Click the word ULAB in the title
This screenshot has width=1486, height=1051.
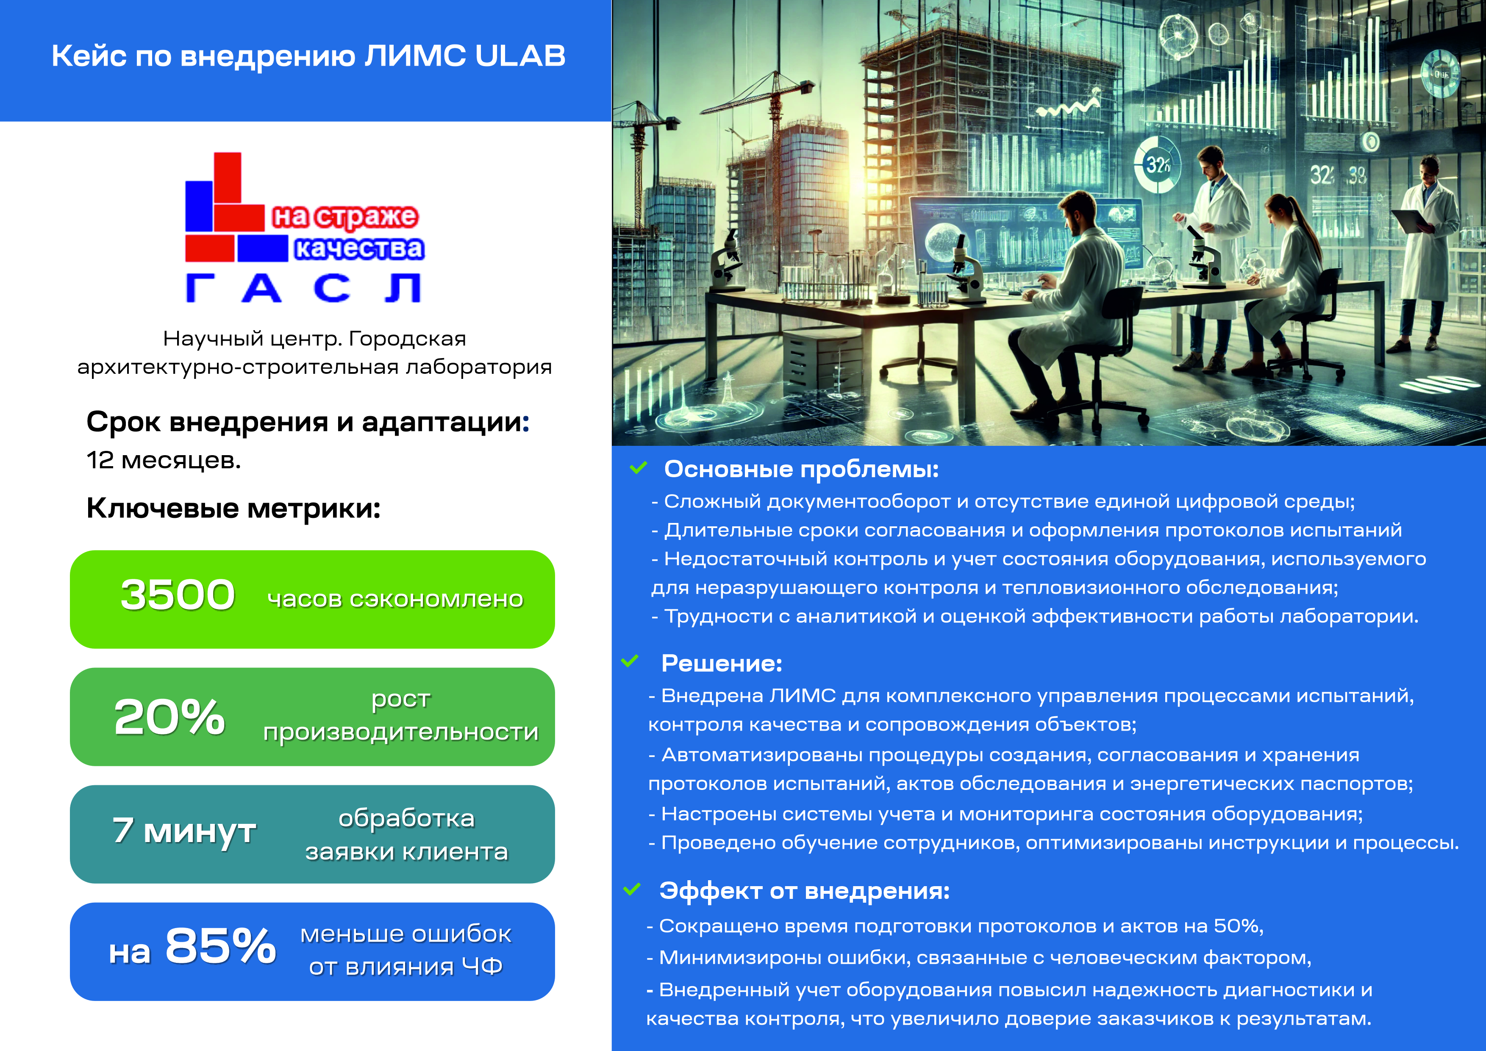tap(520, 56)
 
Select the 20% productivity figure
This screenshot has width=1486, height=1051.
tap(169, 717)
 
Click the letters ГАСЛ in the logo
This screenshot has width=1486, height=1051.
tap(303, 288)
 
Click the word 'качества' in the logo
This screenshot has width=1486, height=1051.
tap(359, 248)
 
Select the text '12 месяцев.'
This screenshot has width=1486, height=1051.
tap(164, 460)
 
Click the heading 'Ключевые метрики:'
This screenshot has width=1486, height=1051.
tap(233, 508)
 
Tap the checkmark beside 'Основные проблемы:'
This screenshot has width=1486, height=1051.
tap(638, 467)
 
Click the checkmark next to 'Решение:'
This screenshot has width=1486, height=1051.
tap(630, 661)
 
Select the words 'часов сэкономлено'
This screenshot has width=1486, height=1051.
tap(395, 599)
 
